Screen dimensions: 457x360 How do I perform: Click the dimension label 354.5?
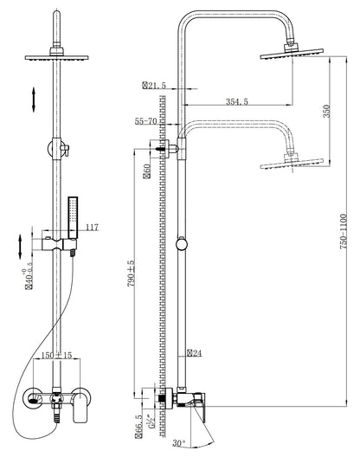(227, 101)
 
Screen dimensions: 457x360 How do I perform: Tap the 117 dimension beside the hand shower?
(93, 228)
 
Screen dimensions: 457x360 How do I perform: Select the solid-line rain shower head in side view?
(291, 56)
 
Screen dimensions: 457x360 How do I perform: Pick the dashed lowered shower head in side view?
(291, 160)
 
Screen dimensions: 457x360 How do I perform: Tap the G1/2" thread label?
(154, 423)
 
